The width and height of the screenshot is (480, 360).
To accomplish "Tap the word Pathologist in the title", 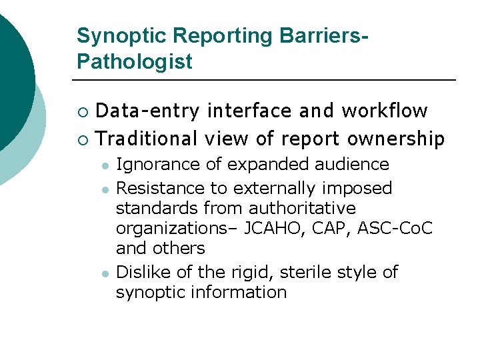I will click(x=134, y=62).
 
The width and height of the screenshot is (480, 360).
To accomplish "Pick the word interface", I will click(x=249, y=111).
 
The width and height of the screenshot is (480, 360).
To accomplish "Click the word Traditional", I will click(x=147, y=139).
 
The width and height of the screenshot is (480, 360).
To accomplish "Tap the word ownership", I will click(x=396, y=139).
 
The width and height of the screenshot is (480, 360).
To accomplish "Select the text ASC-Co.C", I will click(x=395, y=228).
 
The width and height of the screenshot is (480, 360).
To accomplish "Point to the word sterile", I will click(x=307, y=272).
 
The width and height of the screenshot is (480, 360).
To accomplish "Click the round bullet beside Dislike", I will click(x=105, y=273).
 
